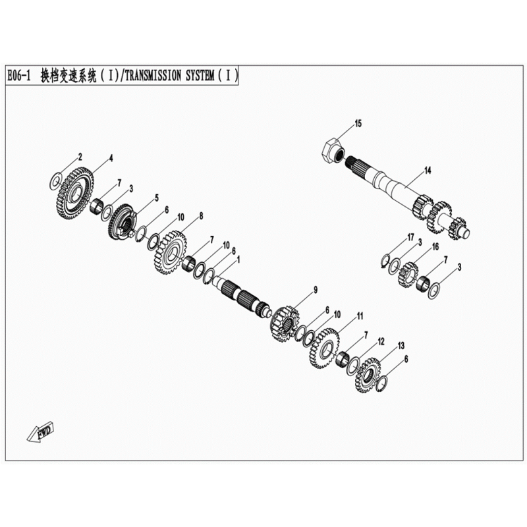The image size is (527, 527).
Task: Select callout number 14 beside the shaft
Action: (x=428, y=171)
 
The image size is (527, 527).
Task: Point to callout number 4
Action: (x=111, y=159)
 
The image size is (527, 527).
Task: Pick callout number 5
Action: (x=157, y=198)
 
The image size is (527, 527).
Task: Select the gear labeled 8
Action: (x=171, y=252)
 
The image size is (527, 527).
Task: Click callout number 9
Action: (x=316, y=290)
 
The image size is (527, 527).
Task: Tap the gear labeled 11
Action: (x=324, y=348)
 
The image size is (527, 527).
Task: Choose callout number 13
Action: (x=401, y=345)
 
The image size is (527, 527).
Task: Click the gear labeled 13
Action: (x=368, y=375)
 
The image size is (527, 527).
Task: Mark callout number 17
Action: (x=410, y=238)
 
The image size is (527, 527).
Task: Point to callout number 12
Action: (x=381, y=342)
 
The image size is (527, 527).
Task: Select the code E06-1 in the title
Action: (x=19, y=76)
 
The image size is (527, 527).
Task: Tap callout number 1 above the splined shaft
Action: (x=238, y=260)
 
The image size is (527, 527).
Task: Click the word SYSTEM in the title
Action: (x=200, y=76)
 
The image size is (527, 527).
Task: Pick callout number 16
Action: (x=435, y=247)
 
